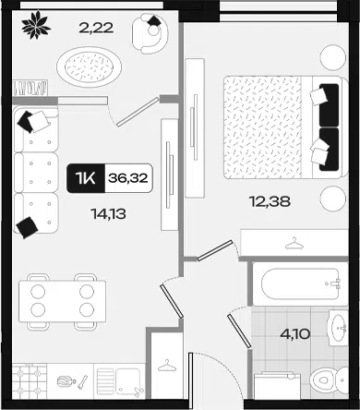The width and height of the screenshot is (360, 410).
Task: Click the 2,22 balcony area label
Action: pyautogui.click(x=96, y=28)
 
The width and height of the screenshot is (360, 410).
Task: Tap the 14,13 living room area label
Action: pyautogui.click(x=109, y=213)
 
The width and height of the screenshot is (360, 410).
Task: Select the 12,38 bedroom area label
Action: pyautogui.click(x=270, y=201)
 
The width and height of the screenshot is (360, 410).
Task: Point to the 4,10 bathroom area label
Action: pyautogui.click(x=295, y=333)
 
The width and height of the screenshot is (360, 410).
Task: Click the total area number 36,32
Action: pyautogui.click(x=128, y=178)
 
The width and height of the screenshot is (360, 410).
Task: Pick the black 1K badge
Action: pyautogui.click(x=86, y=178)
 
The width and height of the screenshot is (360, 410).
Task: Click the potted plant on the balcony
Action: pyautogui.click(x=36, y=25)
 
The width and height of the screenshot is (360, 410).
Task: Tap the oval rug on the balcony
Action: pyautogui.click(x=89, y=66)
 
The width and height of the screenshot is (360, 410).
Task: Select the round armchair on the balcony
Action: pyautogui.click(x=150, y=33)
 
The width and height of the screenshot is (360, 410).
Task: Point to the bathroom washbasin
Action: pyautogui.click(x=339, y=328)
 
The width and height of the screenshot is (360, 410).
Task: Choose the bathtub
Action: pyautogui.click(x=300, y=283)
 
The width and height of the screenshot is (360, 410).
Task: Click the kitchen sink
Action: pyautogui.click(x=120, y=381)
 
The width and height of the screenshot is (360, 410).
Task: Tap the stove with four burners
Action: pyautogui.click(x=30, y=381)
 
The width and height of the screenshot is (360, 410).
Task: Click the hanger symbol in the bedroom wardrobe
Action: pyautogui.click(x=294, y=243)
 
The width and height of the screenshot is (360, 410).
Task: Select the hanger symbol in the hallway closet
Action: pyautogui.click(x=167, y=366)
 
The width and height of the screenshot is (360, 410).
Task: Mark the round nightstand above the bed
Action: pyautogui.click(x=333, y=57)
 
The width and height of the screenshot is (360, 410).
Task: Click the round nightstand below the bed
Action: pyautogui.click(x=333, y=199)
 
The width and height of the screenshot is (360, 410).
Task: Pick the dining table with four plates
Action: pyautogui.click(x=63, y=301)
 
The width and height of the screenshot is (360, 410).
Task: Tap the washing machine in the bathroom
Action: pyautogui.click(x=277, y=386)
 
